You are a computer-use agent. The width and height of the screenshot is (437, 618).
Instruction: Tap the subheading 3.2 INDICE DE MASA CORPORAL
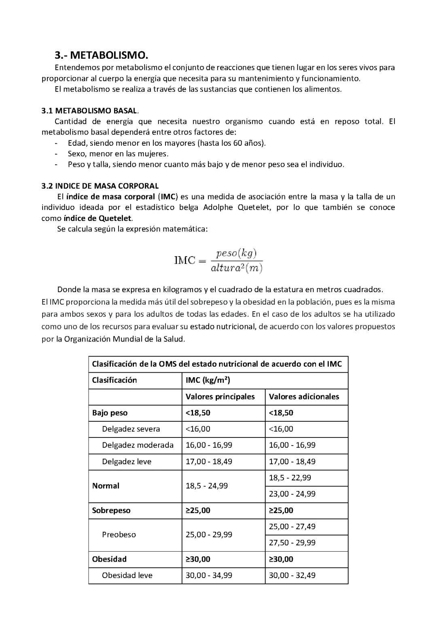pyautogui.click(x=100, y=186)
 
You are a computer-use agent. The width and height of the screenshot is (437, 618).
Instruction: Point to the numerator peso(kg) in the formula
pyautogui.click(x=236, y=253)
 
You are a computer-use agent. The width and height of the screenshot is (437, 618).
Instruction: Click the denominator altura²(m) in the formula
pyautogui.click(x=237, y=268)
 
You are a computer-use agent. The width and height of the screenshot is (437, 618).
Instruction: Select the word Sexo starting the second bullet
pyautogui.click(x=76, y=154)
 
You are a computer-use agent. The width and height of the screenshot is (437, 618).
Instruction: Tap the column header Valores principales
pyautogui.click(x=220, y=397)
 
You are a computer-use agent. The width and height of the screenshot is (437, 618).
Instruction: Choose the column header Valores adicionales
pyautogui.click(x=304, y=397)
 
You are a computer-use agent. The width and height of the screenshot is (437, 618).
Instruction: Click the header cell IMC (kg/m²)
pyautogui.click(x=208, y=380)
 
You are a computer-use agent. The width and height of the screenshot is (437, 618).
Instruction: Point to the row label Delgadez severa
pyautogui.click(x=131, y=429)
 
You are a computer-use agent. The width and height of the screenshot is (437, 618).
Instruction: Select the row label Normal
pyautogui.click(x=106, y=486)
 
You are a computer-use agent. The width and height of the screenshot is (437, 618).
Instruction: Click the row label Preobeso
pyautogui.click(x=119, y=535)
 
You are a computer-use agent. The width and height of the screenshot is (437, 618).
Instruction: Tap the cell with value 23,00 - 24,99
pyautogui.click(x=292, y=494)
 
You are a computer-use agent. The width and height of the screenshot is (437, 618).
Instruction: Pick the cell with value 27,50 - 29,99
pyautogui.click(x=292, y=543)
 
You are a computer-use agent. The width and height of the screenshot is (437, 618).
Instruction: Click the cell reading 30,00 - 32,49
pyautogui.click(x=292, y=575)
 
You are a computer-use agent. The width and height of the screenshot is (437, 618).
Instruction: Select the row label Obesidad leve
pyautogui.click(x=127, y=575)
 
